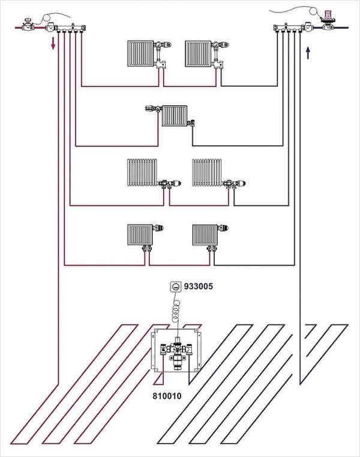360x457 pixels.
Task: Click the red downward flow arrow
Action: click(53, 44)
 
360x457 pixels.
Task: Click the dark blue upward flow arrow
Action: click(308, 53)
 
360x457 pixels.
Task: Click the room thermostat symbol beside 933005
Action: click(175, 287)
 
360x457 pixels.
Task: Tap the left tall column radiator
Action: click(142, 172)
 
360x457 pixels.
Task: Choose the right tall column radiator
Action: click(207, 172)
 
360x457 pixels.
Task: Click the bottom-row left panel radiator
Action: click(141, 234)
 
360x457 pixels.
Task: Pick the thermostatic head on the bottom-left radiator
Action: click(161, 228)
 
